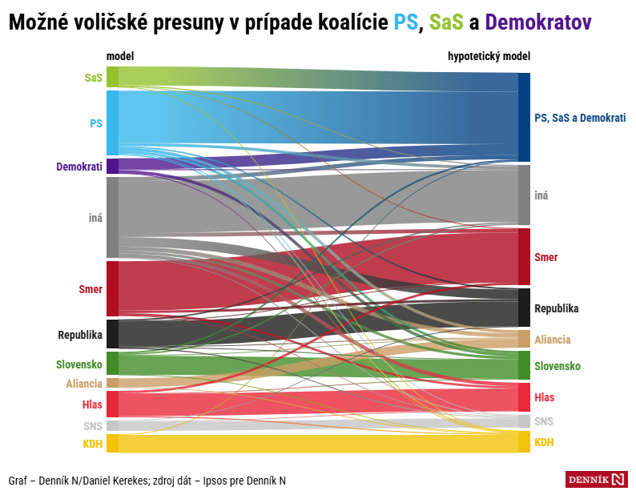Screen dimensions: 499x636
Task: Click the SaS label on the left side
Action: (93, 78)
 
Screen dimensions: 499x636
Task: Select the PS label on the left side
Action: (95, 123)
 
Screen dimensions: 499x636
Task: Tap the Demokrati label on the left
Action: (78, 167)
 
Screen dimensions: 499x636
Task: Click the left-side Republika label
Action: (79, 335)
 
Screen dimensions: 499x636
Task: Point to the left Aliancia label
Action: (84, 384)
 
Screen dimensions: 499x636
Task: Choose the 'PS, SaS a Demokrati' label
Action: (579, 118)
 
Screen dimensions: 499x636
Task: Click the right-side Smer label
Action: (545, 257)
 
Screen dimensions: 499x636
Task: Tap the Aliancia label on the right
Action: (552, 340)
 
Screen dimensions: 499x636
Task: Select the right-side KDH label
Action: (544, 442)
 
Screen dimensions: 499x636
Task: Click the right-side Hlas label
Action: (544, 397)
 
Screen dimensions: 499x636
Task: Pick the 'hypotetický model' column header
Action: (489, 57)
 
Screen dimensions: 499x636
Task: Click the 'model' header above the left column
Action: (119, 57)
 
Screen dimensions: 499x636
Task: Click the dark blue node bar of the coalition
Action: (524, 117)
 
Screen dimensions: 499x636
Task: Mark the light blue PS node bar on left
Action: (112, 123)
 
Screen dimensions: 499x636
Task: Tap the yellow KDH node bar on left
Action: (112, 443)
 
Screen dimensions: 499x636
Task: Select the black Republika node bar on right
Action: (524, 308)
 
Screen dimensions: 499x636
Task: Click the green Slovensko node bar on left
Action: (112, 363)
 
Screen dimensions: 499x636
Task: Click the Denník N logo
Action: (597, 479)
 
